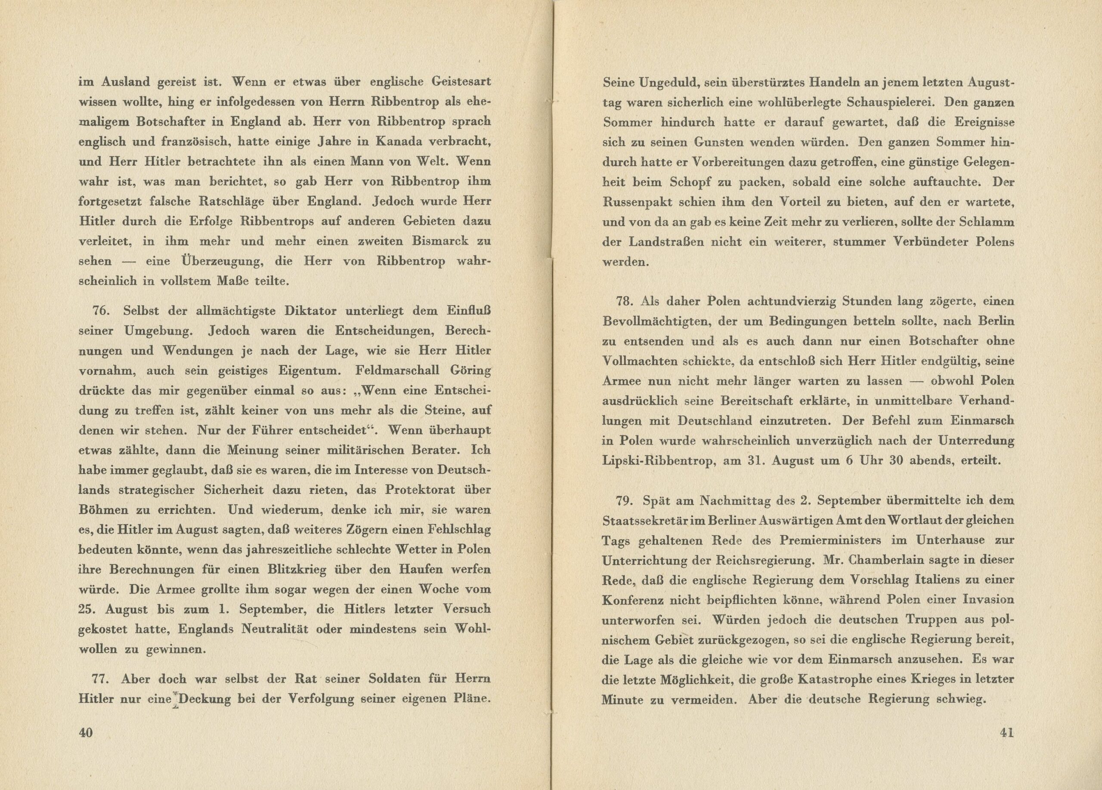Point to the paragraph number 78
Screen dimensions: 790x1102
coord(624,301)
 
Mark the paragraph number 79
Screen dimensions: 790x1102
coord(624,500)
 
